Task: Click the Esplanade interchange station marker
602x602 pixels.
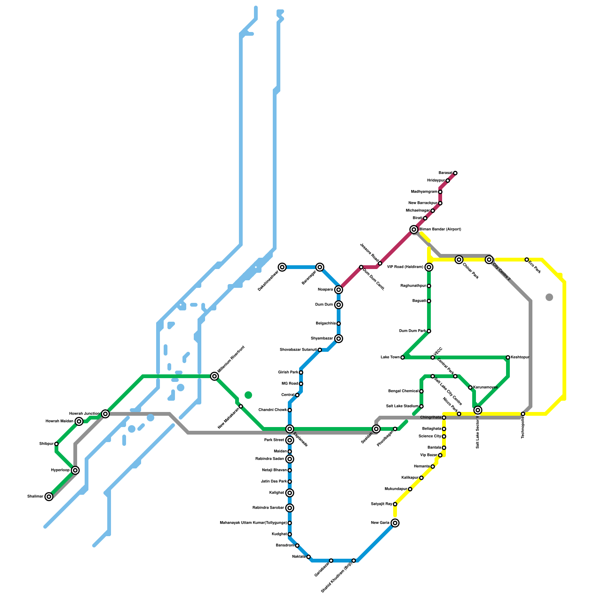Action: (289, 429)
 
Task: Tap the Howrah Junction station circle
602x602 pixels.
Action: (105, 414)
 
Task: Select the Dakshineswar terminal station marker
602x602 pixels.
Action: (282, 267)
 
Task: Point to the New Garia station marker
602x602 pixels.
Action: (395, 523)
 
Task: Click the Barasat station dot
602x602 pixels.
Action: (455, 173)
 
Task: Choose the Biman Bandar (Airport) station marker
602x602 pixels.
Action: (414, 230)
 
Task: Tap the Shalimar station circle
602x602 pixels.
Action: (49, 497)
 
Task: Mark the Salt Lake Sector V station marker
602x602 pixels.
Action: (478, 410)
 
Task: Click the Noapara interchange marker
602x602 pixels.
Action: (339, 290)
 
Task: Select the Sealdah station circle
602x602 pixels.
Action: (376, 429)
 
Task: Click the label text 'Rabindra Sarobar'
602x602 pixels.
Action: (268, 508)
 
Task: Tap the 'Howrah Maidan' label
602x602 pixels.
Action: (58, 421)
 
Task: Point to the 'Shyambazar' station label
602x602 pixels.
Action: (322, 339)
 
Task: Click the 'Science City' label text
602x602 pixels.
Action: (430, 436)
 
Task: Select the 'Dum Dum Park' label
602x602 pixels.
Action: (412, 331)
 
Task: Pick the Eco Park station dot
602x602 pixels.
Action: (526, 260)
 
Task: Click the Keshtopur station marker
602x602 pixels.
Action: (508, 357)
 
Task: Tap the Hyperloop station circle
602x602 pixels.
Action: (75, 470)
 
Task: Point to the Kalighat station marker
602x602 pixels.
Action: (289, 493)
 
